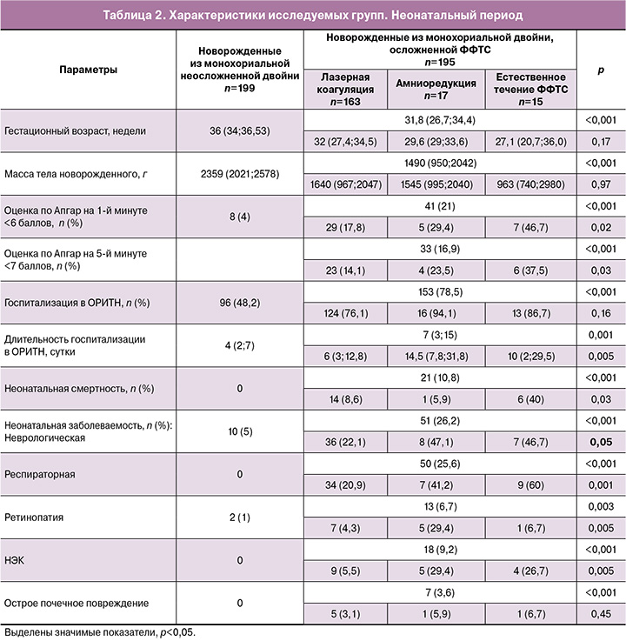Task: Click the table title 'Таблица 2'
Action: (312, 15)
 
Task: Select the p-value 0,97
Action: (600, 184)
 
